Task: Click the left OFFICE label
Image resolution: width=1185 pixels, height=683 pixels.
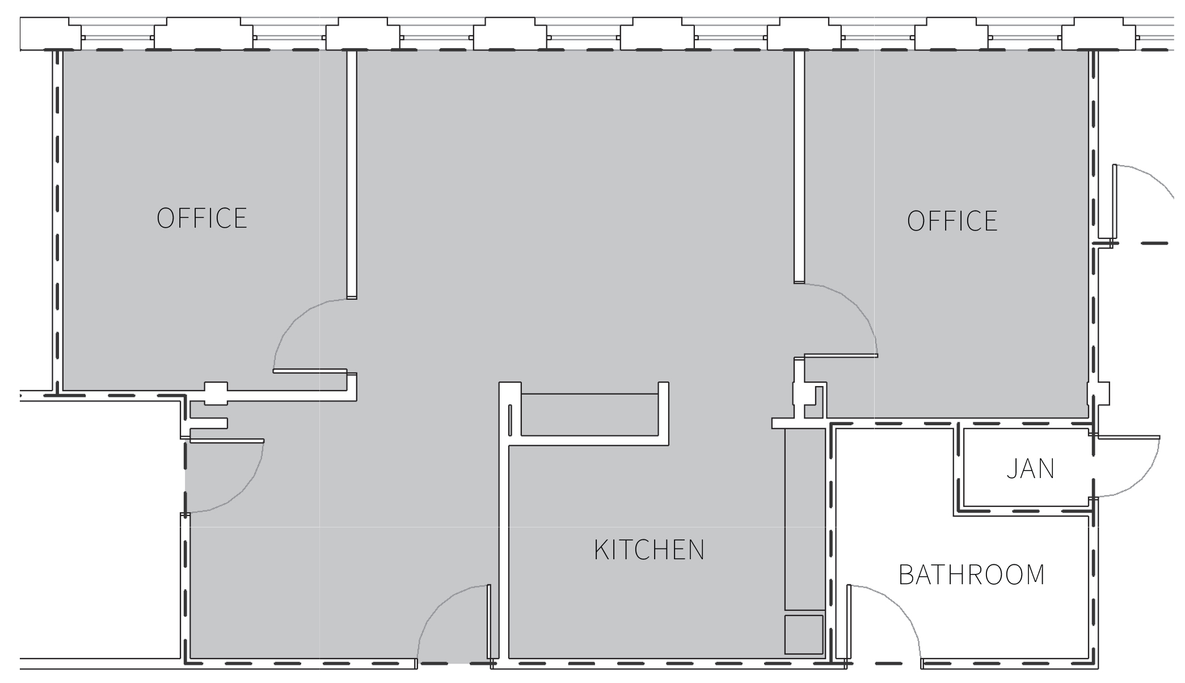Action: coord(202,219)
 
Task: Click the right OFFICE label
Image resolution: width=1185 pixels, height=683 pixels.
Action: coord(952,221)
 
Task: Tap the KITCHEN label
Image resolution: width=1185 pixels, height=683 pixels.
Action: coord(649,550)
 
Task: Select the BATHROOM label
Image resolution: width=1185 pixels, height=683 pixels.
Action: coord(972,575)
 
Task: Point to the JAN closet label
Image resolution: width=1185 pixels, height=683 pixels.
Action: coord(1030,469)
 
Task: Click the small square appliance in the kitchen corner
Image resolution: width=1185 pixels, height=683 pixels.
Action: coord(803,634)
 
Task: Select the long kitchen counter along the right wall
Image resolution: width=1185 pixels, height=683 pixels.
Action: coord(804,519)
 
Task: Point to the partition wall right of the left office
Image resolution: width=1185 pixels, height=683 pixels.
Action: coord(352,174)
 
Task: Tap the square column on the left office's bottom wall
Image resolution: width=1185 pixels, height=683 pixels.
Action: coord(216,393)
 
